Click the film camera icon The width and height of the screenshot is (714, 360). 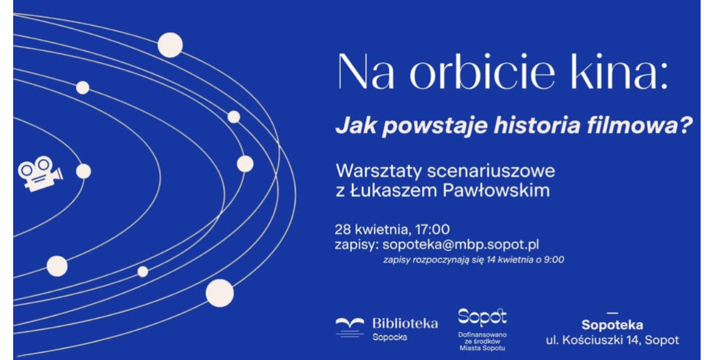(40, 174)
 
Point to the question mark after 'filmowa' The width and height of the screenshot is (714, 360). (685, 125)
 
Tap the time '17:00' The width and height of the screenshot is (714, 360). (432, 229)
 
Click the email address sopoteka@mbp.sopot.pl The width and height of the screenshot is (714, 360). (460, 245)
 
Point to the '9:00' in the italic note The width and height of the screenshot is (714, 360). (554, 259)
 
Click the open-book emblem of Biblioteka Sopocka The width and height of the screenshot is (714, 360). (350, 327)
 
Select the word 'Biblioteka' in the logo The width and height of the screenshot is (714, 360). (405, 323)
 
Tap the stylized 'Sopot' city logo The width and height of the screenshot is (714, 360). (482, 317)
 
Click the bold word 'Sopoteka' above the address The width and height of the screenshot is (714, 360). (612, 325)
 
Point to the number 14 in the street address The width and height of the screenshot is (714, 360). (632, 340)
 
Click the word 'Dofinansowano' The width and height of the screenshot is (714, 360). (482, 335)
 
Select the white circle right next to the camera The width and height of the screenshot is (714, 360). (83, 171)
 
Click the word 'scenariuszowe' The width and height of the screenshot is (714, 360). (491, 171)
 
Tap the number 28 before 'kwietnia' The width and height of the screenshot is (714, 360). (343, 229)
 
